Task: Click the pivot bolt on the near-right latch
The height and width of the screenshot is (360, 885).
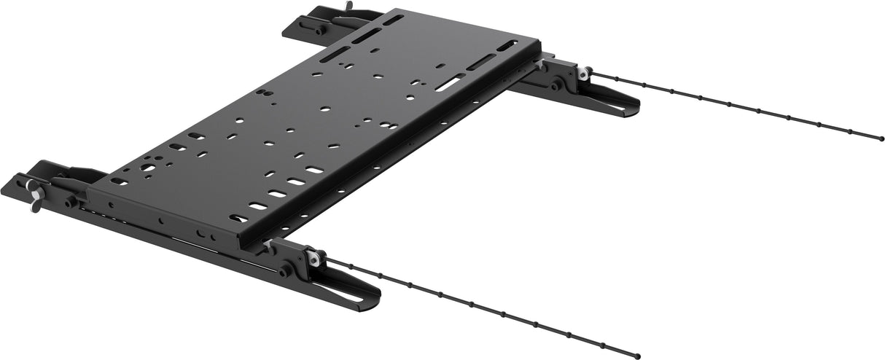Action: [285, 271]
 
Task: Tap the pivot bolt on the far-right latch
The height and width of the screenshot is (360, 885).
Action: [555, 86]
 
